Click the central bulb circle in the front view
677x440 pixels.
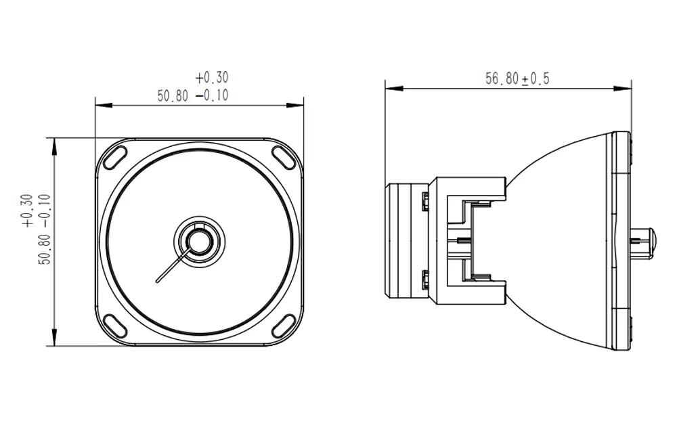(x=199, y=240)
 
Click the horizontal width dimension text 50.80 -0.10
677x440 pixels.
(x=193, y=95)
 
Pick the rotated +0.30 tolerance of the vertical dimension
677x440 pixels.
(x=26, y=211)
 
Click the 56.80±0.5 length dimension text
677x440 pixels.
(x=517, y=79)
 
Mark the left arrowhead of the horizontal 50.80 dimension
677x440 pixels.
(x=100, y=105)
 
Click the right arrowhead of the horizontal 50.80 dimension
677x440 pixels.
(x=299, y=105)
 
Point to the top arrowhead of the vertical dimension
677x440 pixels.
(x=53, y=142)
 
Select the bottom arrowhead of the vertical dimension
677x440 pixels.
(x=53, y=340)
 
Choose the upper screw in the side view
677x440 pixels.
(x=424, y=200)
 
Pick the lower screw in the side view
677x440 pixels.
(x=424, y=278)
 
